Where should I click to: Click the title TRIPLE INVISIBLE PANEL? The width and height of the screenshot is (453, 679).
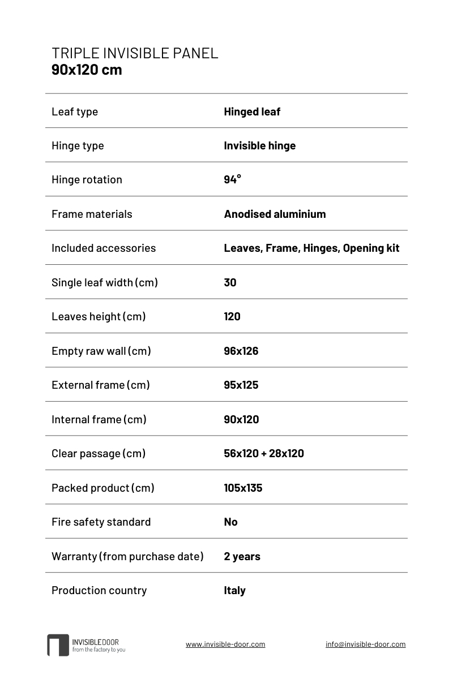[x=135, y=53]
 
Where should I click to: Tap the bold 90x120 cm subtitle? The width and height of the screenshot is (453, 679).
[x=87, y=70]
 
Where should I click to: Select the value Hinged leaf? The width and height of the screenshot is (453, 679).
[x=252, y=111]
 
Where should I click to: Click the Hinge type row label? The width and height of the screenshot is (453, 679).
[x=78, y=145]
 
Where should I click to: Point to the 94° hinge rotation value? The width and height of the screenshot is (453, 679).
[x=232, y=179]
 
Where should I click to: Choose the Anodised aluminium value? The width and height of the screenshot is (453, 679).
[x=275, y=214]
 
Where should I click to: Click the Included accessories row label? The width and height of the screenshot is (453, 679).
[x=104, y=248]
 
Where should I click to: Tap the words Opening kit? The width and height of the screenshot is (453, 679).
[x=371, y=248]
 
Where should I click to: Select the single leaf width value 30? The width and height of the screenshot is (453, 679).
[x=230, y=282]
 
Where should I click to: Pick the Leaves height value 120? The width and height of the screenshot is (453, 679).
[x=232, y=316]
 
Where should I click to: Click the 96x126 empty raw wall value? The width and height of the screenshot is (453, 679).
[x=241, y=351]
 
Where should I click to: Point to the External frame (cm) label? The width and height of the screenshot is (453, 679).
[x=101, y=385]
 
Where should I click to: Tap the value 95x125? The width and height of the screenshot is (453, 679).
[x=241, y=385]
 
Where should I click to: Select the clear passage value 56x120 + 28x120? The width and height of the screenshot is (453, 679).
[x=264, y=453]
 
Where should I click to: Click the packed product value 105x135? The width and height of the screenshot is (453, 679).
[x=243, y=488]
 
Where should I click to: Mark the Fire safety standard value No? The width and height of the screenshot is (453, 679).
[x=230, y=522]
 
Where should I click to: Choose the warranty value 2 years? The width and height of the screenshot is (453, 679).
[x=242, y=556]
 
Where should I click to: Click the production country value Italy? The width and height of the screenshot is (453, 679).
[x=234, y=590]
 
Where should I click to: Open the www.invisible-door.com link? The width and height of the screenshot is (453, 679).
[x=225, y=644]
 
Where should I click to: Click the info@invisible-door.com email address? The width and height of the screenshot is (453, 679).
[x=365, y=644]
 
